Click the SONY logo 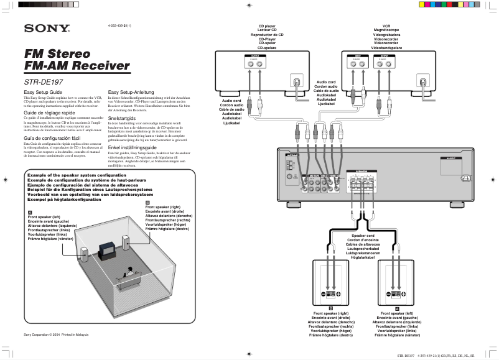pyautogui.click(x=47, y=28)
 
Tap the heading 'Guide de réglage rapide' pyautogui.click(x=49, y=113)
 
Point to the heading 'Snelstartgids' pyautogui.click(x=122, y=118)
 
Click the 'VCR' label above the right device pyautogui.click(x=386, y=27)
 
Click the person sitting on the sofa pyautogui.click(x=129, y=272)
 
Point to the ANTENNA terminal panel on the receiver pyautogui.click(x=289, y=165)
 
